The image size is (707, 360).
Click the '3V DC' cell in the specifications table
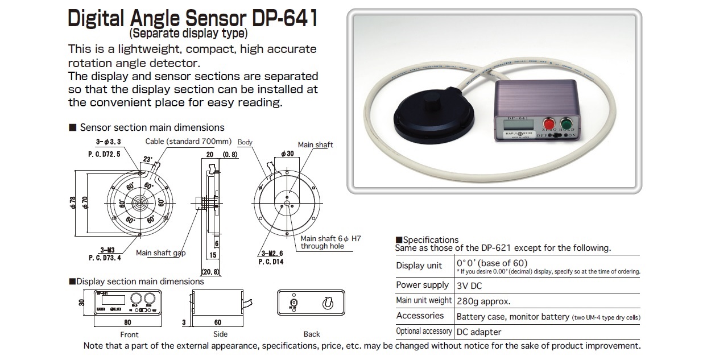[x=469, y=285]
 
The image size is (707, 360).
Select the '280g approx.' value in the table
[x=483, y=301]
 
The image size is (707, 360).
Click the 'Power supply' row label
[x=423, y=285]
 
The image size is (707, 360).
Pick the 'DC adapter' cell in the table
[x=479, y=332]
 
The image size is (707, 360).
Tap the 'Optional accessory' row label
[x=424, y=331]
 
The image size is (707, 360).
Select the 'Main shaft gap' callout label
[x=160, y=253]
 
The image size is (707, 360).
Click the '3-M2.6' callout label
[x=270, y=253]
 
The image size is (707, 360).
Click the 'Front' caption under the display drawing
[x=129, y=334]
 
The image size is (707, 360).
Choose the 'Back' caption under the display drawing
[x=311, y=334]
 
